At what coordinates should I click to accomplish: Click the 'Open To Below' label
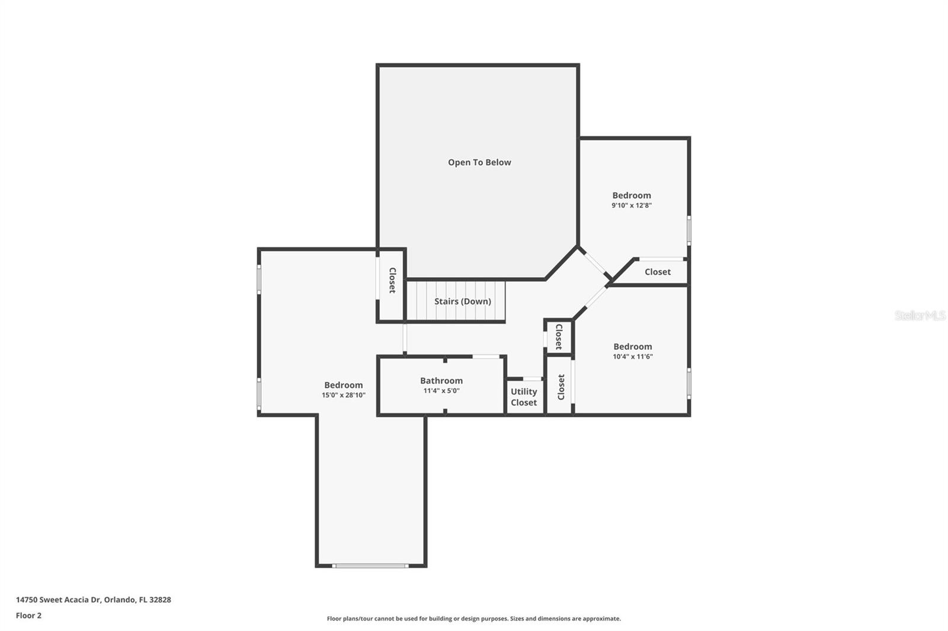pyautogui.click(x=479, y=162)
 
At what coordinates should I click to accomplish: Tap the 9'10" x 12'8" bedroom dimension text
pyautogui.click(x=632, y=205)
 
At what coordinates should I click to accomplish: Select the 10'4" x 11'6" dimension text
pyautogui.click(x=633, y=356)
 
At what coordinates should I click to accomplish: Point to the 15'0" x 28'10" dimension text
pyautogui.click(x=343, y=395)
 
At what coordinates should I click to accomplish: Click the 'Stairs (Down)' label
pyautogui.click(x=463, y=301)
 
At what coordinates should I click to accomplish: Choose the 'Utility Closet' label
pyautogui.click(x=524, y=397)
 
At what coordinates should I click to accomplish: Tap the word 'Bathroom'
pyautogui.click(x=441, y=381)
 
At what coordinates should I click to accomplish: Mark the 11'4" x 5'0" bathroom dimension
pyautogui.click(x=441, y=391)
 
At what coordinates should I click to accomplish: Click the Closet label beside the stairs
pyautogui.click(x=392, y=281)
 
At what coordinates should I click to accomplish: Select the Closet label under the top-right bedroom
pyautogui.click(x=658, y=272)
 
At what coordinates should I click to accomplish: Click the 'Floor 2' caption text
pyautogui.click(x=29, y=616)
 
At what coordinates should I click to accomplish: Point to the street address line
pyautogui.click(x=94, y=599)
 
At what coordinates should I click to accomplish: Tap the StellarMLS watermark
pyautogui.click(x=920, y=315)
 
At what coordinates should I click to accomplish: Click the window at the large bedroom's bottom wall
pyautogui.click(x=370, y=565)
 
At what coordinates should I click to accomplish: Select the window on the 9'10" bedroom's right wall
pyautogui.click(x=688, y=230)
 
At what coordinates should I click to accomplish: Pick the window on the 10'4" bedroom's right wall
pyautogui.click(x=688, y=384)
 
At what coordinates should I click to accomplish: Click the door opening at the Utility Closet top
pyautogui.click(x=533, y=378)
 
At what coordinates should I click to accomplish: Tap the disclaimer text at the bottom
pyautogui.click(x=473, y=619)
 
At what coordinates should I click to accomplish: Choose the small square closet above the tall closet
pyautogui.click(x=559, y=337)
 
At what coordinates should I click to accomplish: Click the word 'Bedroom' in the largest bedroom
pyautogui.click(x=343, y=385)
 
